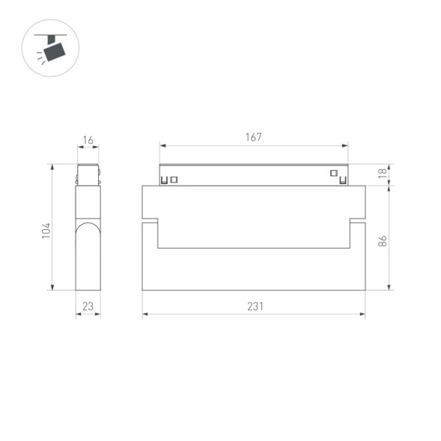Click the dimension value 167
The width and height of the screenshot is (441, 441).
click(x=253, y=137)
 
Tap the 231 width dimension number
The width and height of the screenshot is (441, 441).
click(x=254, y=306)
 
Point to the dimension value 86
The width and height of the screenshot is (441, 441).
click(x=382, y=241)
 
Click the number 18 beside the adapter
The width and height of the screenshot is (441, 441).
click(x=382, y=174)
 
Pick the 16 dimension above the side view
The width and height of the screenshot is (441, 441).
click(x=88, y=140)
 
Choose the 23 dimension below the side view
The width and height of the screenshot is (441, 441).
click(x=88, y=306)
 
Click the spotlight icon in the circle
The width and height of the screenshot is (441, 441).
click(x=52, y=49)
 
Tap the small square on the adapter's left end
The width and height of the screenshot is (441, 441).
click(x=174, y=179)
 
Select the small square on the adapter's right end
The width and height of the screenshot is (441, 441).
click(x=333, y=174)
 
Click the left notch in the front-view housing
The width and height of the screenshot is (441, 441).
click(x=150, y=221)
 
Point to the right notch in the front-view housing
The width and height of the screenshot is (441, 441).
click(x=357, y=221)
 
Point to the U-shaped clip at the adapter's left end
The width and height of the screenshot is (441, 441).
click(x=164, y=179)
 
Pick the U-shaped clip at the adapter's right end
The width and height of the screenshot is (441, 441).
click(x=343, y=179)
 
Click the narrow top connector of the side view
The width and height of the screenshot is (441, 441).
click(x=88, y=174)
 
